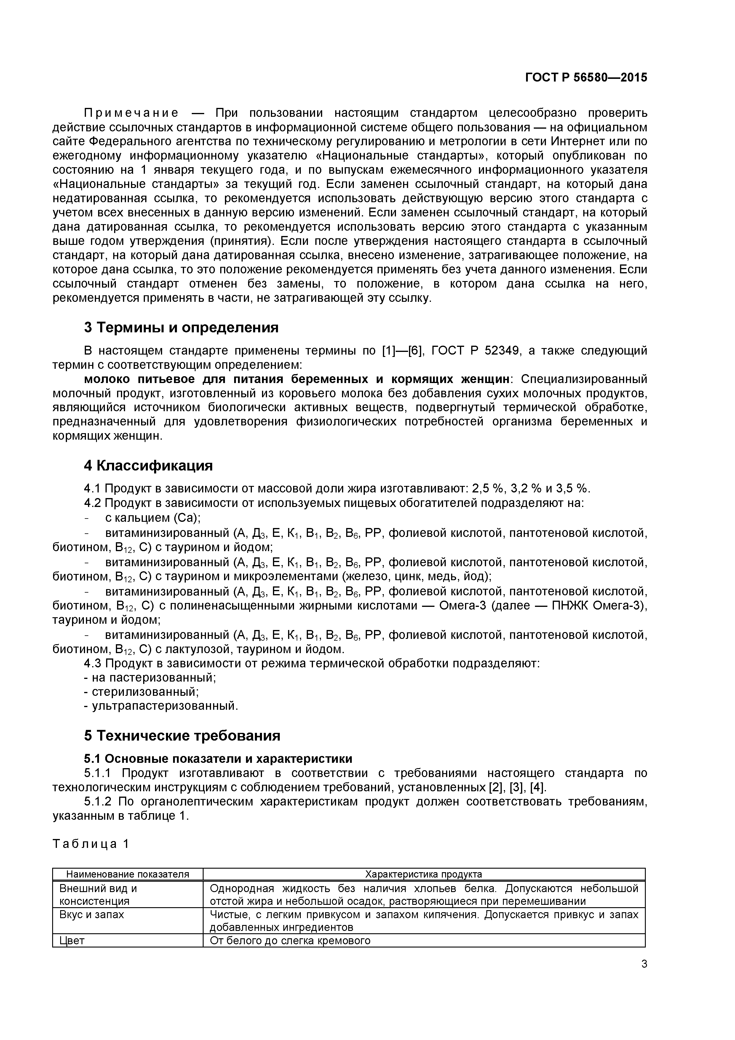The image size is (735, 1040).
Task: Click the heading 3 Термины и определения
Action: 181,328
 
